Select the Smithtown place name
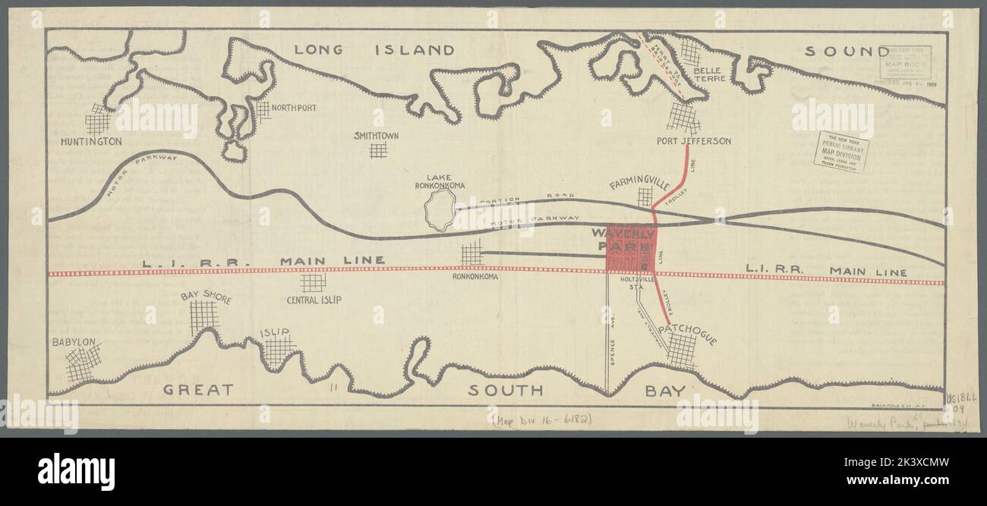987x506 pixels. pos(377,136)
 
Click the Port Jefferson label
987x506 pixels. pos(694,141)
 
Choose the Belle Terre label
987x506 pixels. pos(710,74)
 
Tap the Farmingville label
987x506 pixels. pos(639,184)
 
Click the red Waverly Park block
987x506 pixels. pos(630,248)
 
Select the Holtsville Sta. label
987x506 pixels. pos(632,284)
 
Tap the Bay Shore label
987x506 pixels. pos(204,297)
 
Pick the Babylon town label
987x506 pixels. pos(74,342)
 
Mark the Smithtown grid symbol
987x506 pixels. pos(378,149)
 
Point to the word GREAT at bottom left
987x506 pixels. pos(198,390)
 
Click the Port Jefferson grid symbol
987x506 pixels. pos(683,118)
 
